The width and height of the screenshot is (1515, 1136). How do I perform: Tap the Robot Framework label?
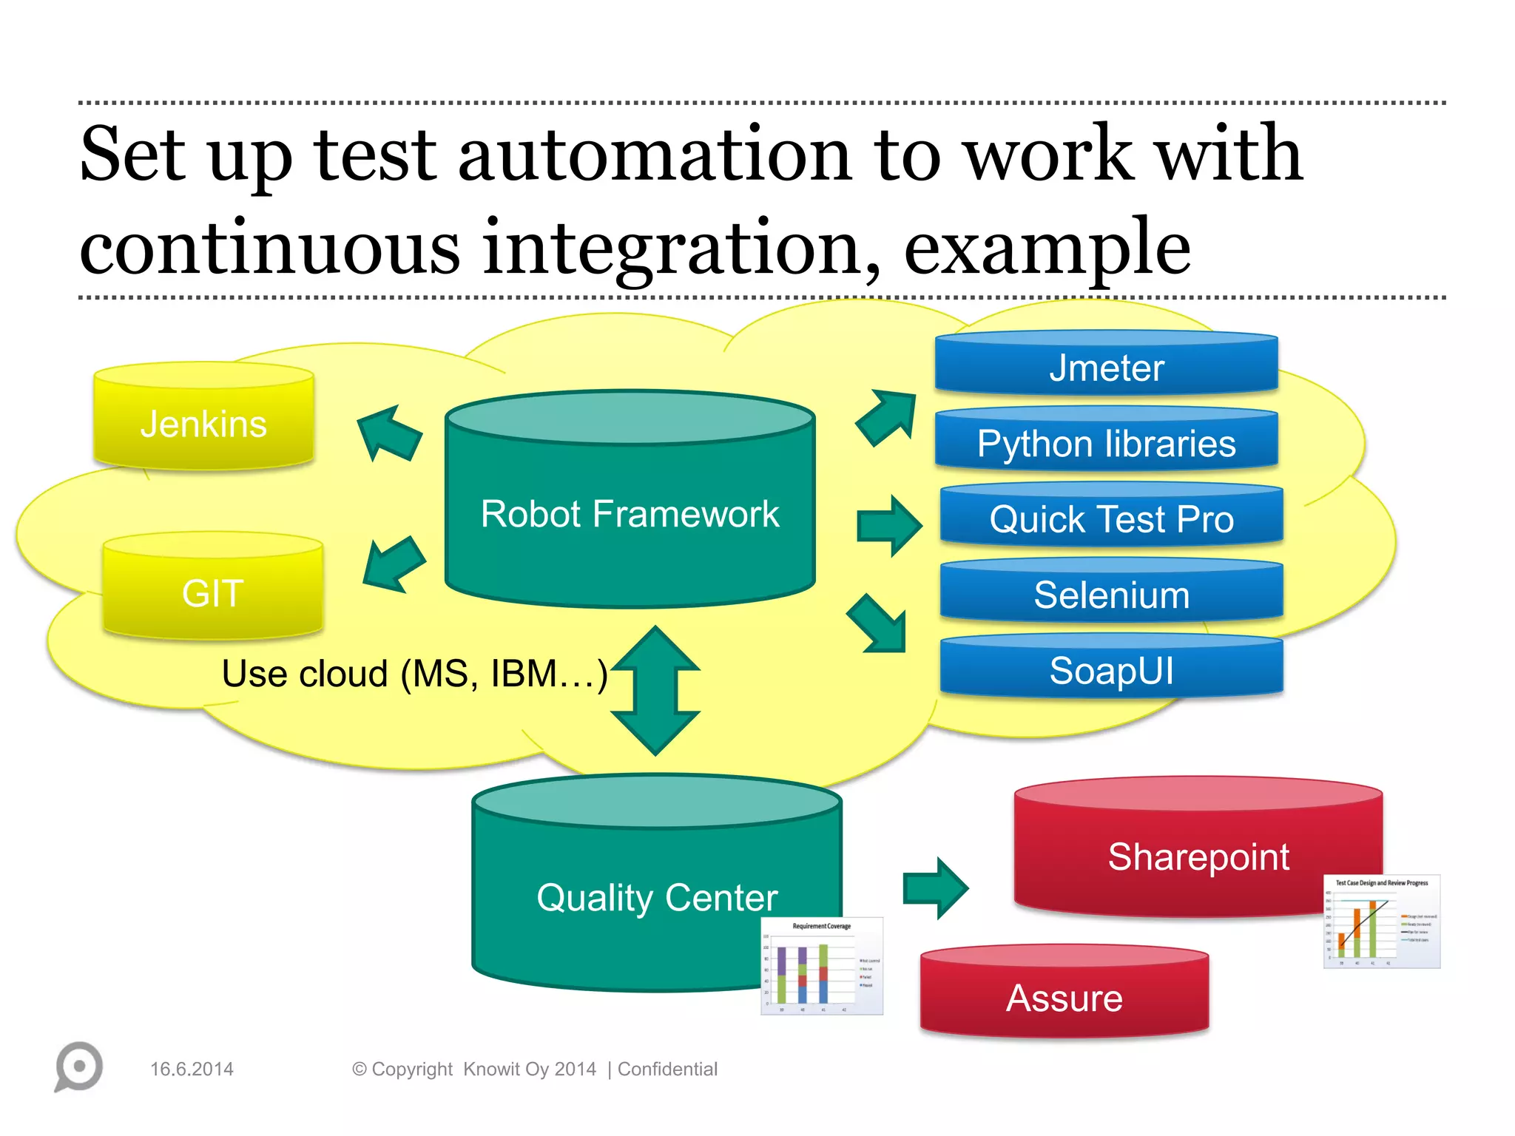point(630,513)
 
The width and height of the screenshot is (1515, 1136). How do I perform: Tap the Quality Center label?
point(657,897)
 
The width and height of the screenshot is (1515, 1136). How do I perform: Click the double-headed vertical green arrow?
point(655,690)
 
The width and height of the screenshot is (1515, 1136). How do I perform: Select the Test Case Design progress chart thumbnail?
point(1381,922)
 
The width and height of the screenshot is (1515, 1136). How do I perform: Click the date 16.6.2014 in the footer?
point(192,1069)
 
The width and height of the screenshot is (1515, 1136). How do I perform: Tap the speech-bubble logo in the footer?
point(78,1066)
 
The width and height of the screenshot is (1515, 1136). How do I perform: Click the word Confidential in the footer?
point(667,1069)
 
